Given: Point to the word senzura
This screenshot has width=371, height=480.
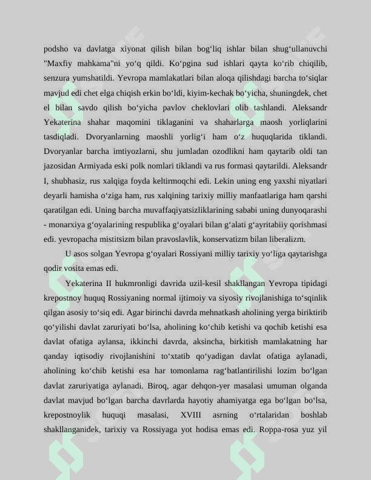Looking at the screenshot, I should coord(57,78).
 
